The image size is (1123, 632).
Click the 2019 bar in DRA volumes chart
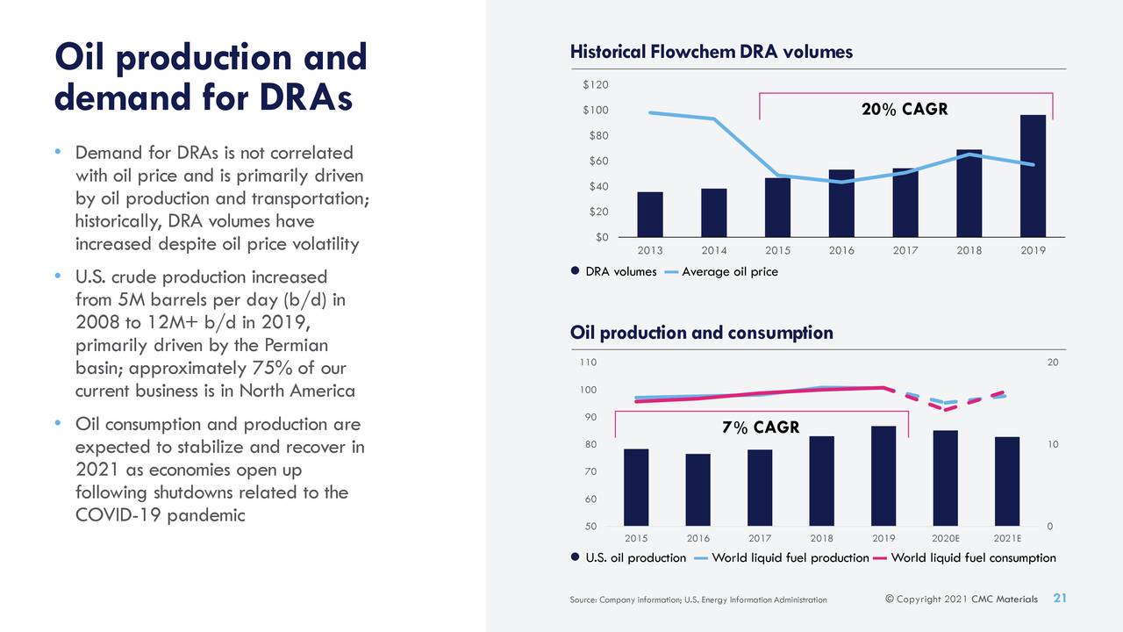pos(1033,176)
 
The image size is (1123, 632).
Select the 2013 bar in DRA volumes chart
pos(650,214)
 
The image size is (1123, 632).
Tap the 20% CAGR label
pos(905,110)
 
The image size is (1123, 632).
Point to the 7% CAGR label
pos(761,427)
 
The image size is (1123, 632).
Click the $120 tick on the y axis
pos(596,84)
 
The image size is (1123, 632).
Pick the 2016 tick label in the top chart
pos(841,250)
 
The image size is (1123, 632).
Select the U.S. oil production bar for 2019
pos(883,476)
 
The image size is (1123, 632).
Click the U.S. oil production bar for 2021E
pos(1007,481)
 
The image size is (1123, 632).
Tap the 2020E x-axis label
pos(945,538)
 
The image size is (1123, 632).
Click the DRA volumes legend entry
pos(613,272)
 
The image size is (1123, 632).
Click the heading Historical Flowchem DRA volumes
pos(711,52)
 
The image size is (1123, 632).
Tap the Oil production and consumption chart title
pos(701,333)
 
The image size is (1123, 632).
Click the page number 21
pos(1059,599)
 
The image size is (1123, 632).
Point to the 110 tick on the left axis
pos(589,363)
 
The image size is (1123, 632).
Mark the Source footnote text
pos(697,600)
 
